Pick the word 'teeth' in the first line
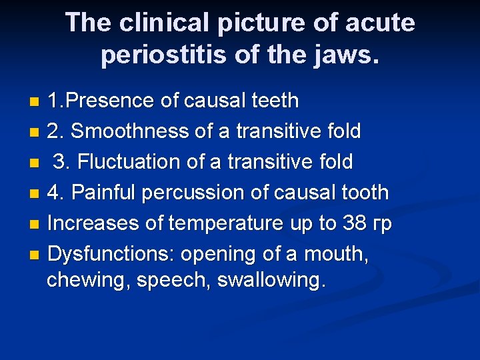click(x=273, y=101)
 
